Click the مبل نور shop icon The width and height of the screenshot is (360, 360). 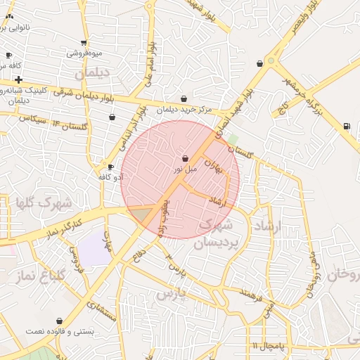click(x=185, y=159)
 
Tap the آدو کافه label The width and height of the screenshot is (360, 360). click(x=112, y=176)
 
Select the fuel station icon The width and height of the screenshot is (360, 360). click(x=346, y=126)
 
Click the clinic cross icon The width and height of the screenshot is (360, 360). click(x=18, y=79)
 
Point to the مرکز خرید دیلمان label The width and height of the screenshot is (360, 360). click(x=184, y=109)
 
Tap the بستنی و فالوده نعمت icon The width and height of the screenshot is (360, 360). click(x=68, y=321)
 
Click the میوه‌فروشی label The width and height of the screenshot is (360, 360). click(x=84, y=53)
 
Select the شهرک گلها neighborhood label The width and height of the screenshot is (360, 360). click(x=44, y=203)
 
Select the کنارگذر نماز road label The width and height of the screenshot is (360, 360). click(x=64, y=227)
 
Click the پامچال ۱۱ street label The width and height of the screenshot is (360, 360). click(x=268, y=347)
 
